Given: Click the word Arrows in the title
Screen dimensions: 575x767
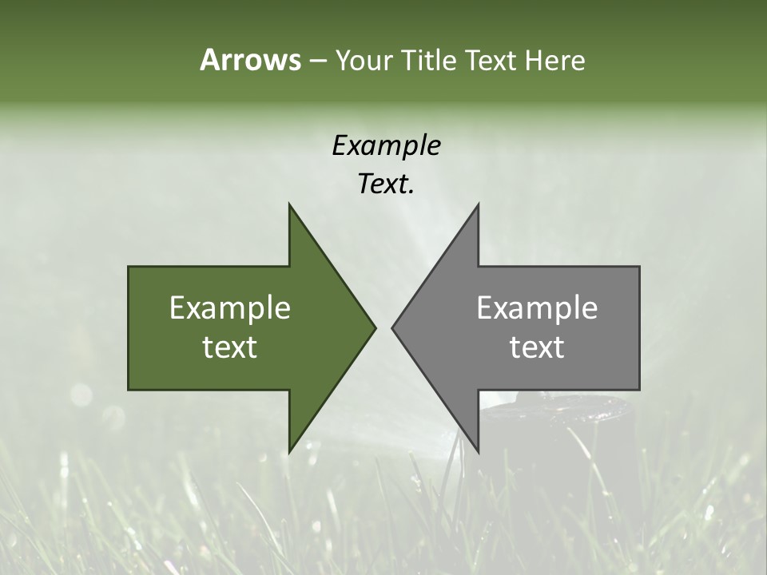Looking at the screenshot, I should tap(250, 60).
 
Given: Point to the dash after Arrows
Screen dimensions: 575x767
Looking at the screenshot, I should tap(317, 61).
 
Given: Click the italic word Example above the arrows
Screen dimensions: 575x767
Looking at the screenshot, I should tap(386, 145).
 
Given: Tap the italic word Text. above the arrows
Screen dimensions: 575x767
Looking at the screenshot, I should tap(386, 184).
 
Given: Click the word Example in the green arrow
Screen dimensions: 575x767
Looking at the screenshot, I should tap(230, 307).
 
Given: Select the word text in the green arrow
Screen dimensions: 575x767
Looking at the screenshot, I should tap(230, 347).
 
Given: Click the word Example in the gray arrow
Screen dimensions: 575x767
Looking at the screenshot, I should tap(537, 307).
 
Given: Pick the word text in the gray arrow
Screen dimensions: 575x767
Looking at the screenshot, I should tap(537, 347).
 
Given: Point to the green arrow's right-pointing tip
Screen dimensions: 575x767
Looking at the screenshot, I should tap(375, 327).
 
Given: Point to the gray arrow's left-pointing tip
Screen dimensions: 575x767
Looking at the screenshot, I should tap(392, 327).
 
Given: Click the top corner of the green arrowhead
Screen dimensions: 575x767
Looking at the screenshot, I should tap(289, 204).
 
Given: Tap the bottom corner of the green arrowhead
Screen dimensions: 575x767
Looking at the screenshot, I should tap(289, 452).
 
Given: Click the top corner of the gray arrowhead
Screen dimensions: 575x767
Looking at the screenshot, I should tap(478, 204).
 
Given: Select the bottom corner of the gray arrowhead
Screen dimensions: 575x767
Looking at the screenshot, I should tap(478, 452).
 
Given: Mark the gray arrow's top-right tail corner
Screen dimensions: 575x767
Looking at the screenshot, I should tap(639, 267).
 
